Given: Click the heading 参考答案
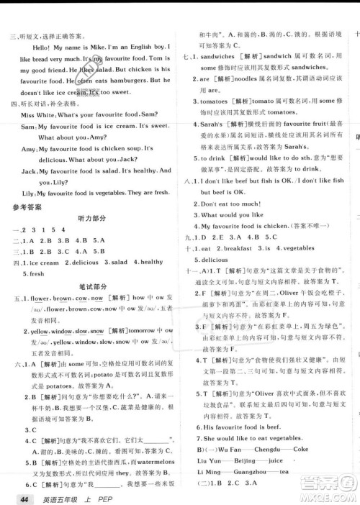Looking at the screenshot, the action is (x=26, y=206).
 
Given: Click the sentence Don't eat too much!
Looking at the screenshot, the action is (x=235, y=204).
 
